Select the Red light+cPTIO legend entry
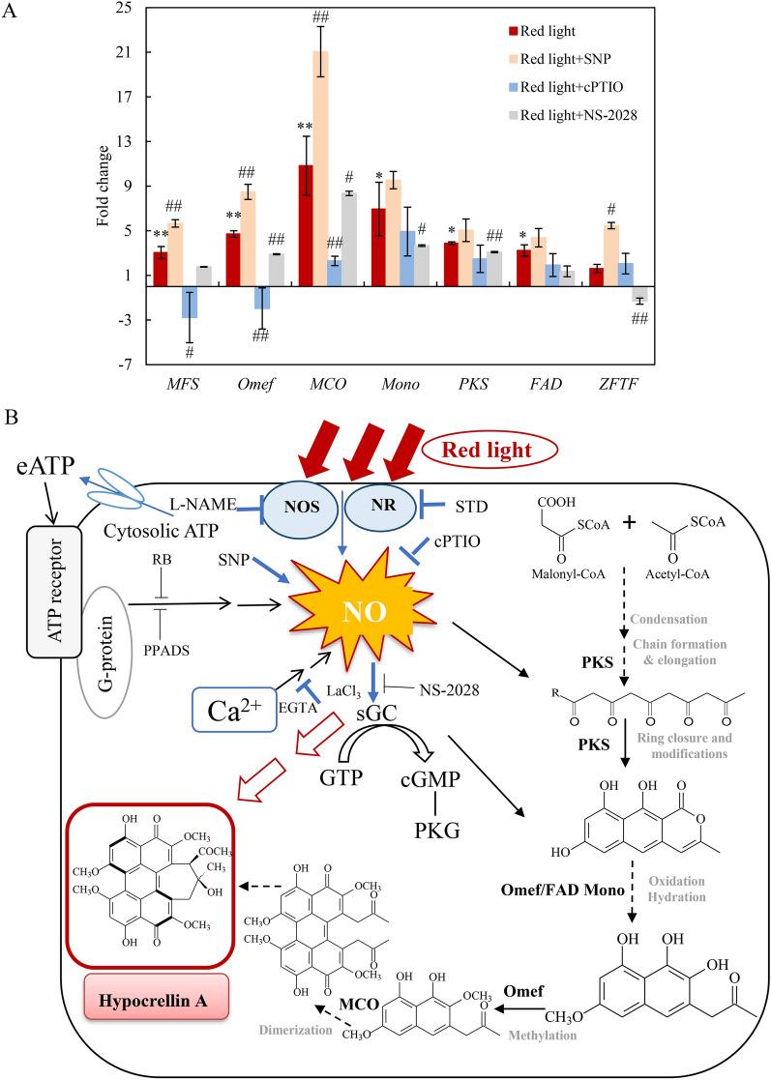point(571,85)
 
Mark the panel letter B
point(11,418)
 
